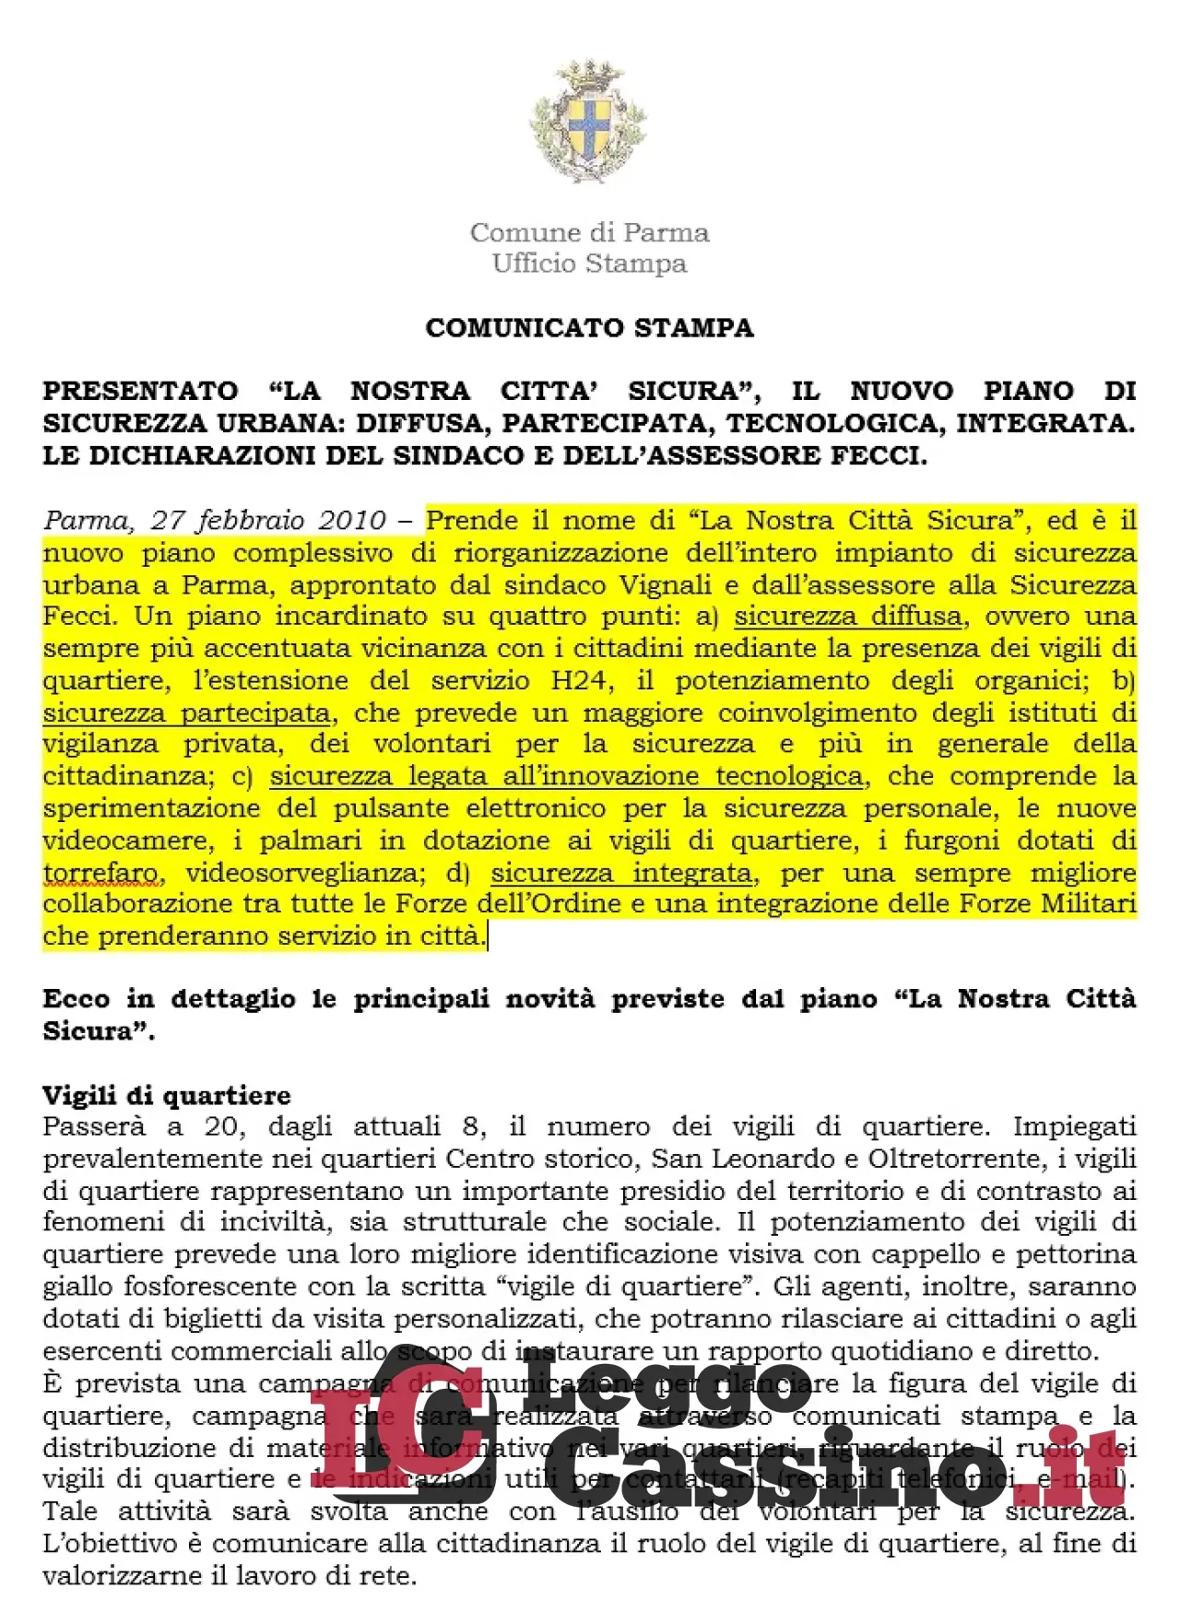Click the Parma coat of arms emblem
pos(588,121)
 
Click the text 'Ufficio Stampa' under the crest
pos(589,264)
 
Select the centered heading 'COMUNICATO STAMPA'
pos(589,328)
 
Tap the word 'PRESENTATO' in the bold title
pos(140,391)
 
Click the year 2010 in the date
pos(352,521)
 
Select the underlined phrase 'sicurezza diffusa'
pos(847,617)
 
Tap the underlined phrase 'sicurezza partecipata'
pos(186,713)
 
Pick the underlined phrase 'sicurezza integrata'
pos(620,873)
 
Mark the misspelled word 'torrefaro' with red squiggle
pos(100,873)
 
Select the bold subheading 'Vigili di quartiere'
pos(167,1095)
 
